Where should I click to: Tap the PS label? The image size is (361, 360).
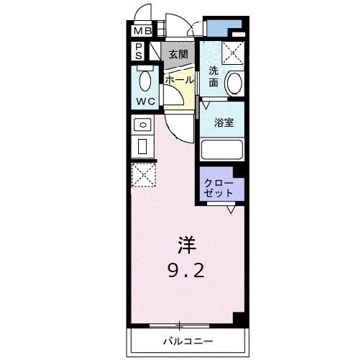138,51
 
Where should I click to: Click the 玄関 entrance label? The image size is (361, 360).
178,54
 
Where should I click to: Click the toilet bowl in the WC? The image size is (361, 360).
144,80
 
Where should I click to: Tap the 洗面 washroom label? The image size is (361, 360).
214,76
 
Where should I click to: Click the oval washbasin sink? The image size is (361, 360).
234,84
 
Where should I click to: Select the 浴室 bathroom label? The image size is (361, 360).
224,122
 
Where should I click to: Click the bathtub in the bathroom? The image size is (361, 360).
224,149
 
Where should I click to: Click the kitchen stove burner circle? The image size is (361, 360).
142,125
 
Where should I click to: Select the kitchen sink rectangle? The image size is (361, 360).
142,148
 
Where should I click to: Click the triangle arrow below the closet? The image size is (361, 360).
231,210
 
